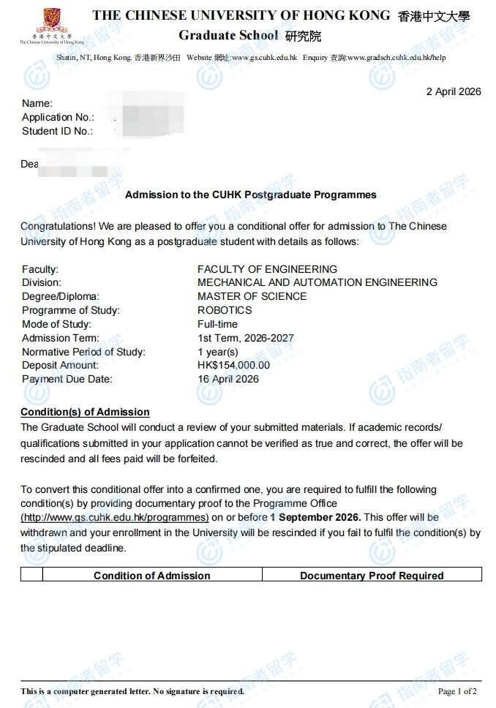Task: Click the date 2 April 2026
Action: click(453, 91)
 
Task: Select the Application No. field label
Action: click(58, 117)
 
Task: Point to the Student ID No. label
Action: click(57, 131)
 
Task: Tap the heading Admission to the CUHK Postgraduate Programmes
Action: click(250, 195)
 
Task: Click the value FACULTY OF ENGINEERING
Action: click(267, 269)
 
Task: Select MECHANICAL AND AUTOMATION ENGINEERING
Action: click(317, 282)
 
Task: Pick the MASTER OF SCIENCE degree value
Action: click(252, 296)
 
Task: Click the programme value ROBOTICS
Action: click(225, 310)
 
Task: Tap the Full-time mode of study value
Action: click(217, 324)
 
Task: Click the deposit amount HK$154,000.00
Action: click(233, 365)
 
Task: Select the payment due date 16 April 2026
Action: click(228, 379)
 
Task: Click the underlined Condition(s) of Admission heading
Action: click(85, 412)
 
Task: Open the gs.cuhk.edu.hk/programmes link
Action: click(115, 517)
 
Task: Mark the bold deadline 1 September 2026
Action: click(315, 517)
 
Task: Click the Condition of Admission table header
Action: click(151, 576)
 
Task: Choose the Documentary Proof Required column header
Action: click(372, 576)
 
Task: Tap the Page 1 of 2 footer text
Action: click(457, 691)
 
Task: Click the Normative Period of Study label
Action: click(83, 352)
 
